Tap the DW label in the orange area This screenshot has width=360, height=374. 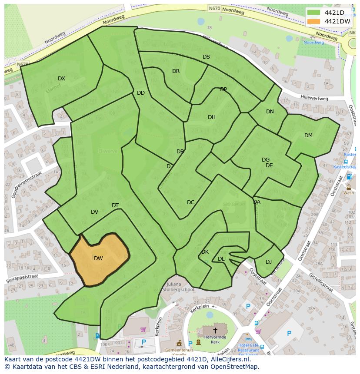(98, 258)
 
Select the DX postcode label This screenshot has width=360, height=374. (61, 79)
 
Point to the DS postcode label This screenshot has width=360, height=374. (206, 57)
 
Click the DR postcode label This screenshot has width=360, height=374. (176, 71)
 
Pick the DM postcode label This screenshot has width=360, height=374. (308, 136)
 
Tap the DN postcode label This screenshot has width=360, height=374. (270, 112)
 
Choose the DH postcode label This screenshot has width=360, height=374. (211, 117)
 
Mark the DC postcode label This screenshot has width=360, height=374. (190, 202)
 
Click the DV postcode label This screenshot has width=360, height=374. (94, 212)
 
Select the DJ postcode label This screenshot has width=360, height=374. (269, 261)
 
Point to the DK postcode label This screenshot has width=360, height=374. (205, 252)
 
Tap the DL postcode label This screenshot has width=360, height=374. (221, 259)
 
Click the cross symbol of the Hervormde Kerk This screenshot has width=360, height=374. (215, 331)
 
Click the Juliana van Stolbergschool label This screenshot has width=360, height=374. (179, 287)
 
